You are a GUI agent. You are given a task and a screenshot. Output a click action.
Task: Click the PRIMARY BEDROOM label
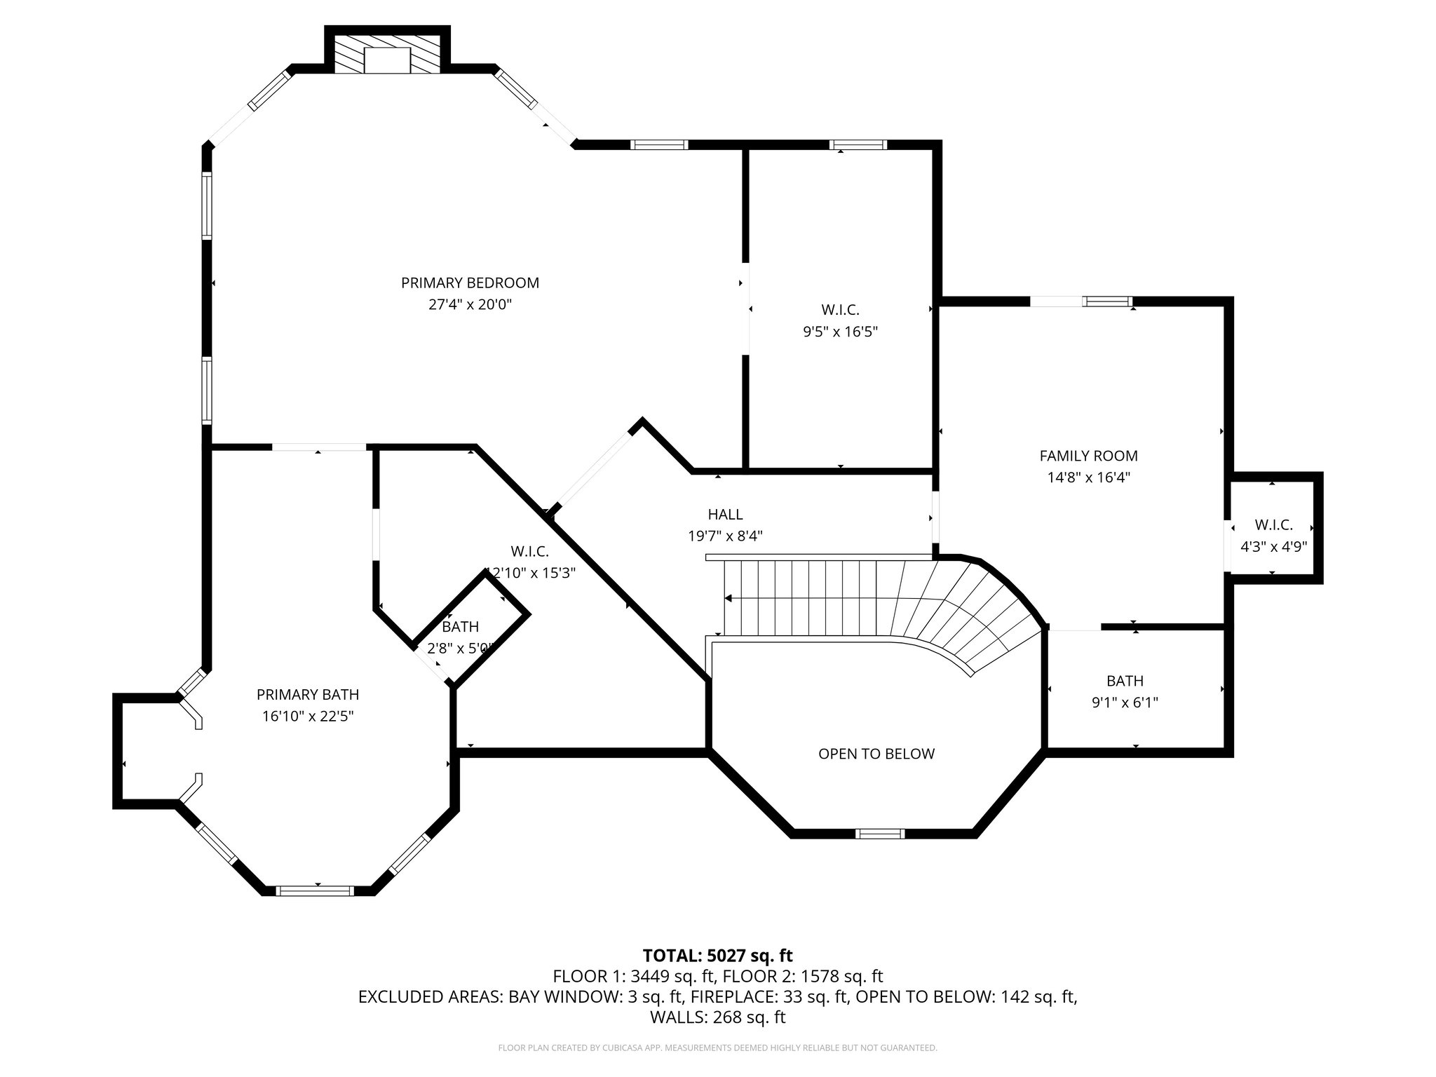click(x=470, y=283)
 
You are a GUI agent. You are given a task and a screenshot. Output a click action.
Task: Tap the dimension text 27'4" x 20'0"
click(x=470, y=304)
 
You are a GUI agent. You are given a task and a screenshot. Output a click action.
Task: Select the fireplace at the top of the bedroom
click(x=387, y=56)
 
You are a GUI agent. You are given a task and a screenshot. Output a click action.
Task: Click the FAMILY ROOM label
click(x=1088, y=456)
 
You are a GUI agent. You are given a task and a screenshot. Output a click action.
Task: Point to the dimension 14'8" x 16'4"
click(x=1088, y=477)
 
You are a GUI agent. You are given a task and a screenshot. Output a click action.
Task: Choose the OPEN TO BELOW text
click(x=876, y=754)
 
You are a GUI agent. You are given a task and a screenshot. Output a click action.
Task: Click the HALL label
click(x=725, y=515)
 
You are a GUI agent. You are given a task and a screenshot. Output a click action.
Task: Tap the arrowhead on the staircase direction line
click(x=729, y=599)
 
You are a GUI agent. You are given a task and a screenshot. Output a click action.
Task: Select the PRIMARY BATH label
click(x=308, y=695)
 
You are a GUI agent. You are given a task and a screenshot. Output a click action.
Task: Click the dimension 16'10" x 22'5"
click(x=308, y=717)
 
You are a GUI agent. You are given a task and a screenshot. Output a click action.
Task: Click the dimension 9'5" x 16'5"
click(x=840, y=332)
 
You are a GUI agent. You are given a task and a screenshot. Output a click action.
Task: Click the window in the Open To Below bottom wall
click(x=879, y=834)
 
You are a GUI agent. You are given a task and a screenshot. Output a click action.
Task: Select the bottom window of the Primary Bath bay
click(x=314, y=890)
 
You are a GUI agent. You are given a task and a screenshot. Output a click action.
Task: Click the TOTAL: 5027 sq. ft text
click(x=717, y=955)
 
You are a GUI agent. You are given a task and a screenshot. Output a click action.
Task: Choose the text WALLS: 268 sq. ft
click(x=717, y=1017)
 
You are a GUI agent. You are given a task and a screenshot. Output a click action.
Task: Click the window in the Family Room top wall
click(x=1107, y=302)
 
